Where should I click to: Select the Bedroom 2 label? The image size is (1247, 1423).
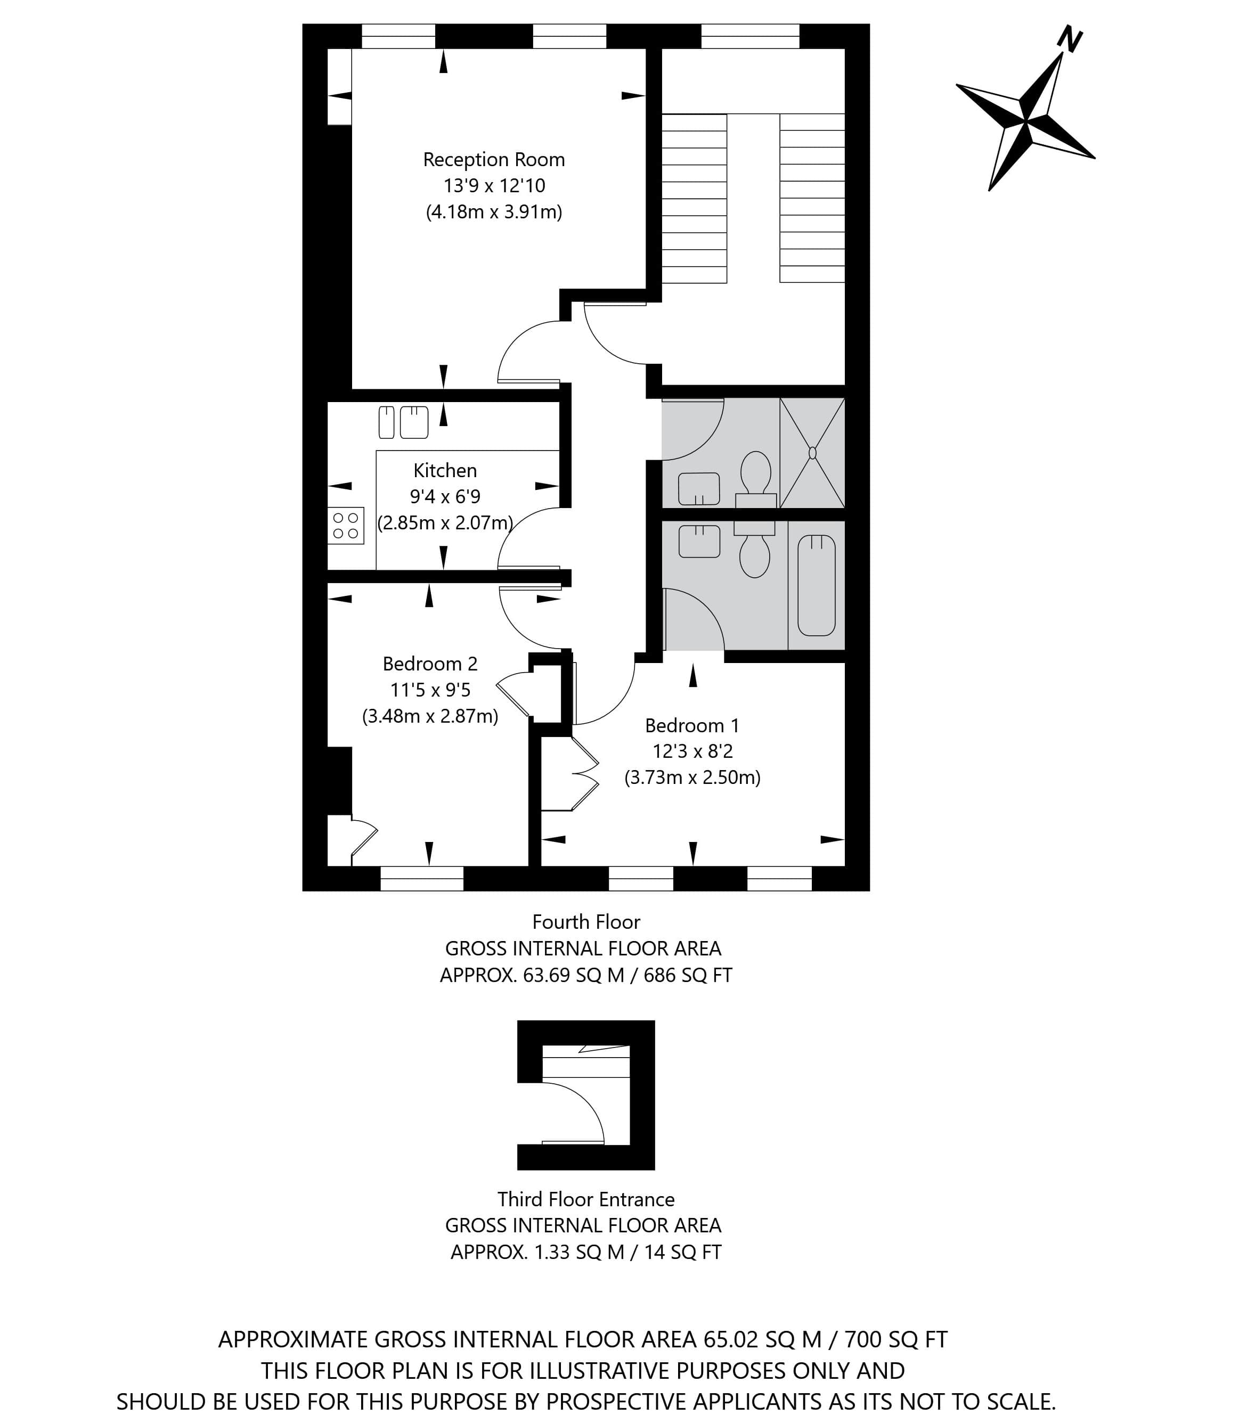pyautogui.click(x=430, y=664)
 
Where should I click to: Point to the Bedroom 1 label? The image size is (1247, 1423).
pyautogui.click(x=692, y=726)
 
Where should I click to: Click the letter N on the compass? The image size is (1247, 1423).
pyautogui.click(x=1070, y=39)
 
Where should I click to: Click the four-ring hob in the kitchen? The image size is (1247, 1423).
pyautogui.click(x=346, y=525)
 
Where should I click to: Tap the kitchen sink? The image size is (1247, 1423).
pyautogui.click(x=404, y=422)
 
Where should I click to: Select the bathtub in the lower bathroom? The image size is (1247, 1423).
pyautogui.click(x=816, y=585)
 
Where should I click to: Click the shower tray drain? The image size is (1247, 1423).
pyautogui.click(x=812, y=453)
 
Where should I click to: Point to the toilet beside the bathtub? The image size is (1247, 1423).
pyautogui.click(x=755, y=550)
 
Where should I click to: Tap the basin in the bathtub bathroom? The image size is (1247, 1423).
pyautogui.click(x=699, y=542)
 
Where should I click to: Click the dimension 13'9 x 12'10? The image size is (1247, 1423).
pyautogui.click(x=494, y=186)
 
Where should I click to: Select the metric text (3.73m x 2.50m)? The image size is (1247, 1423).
pyautogui.click(x=692, y=777)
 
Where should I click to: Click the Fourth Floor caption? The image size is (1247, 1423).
pyautogui.click(x=586, y=922)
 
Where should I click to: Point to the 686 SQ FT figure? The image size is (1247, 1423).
pyautogui.click(x=688, y=975)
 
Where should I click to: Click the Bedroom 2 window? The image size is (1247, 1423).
pyautogui.click(x=422, y=878)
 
